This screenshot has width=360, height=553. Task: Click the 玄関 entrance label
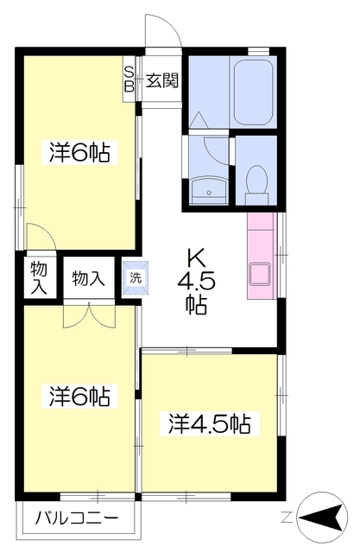(x=162, y=81)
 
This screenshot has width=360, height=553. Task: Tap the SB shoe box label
(x=129, y=79)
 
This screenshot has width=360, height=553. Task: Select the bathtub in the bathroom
(x=253, y=92)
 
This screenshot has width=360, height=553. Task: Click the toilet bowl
(x=256, y=184)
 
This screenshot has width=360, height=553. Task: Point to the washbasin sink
(x=209, y=190)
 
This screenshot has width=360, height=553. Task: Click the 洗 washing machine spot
(x=136, y=277)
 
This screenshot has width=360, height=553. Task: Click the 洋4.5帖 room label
(x=209, y=423)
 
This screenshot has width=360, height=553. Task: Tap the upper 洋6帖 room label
(x=79, y=152)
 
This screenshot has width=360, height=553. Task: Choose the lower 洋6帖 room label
(x=79, y=396)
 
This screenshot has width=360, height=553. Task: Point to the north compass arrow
(x=322, y=518)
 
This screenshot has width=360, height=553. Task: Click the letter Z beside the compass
(x=287, y=518)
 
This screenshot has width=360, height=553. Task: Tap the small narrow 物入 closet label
(x=38, y=278)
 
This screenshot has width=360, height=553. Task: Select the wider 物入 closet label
(x=88, y=278)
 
